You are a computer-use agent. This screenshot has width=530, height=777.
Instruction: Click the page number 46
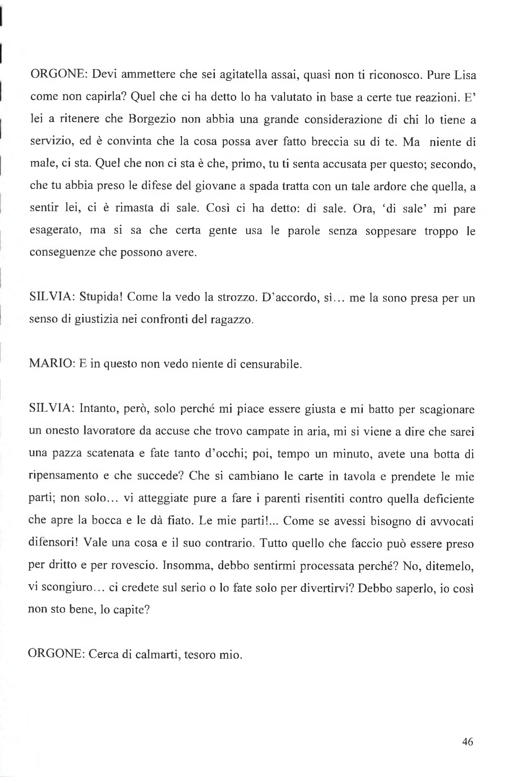[x=468, y=741]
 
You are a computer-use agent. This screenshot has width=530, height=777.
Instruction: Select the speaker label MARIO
[x=51, y=364]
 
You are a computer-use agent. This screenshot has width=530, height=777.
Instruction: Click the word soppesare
[x=390, y=231]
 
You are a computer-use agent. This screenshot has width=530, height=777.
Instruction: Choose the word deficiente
[x=448, y=499]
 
